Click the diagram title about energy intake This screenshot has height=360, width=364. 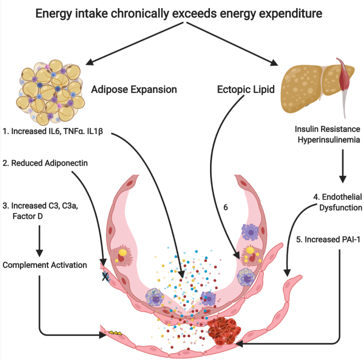tap(181, 14)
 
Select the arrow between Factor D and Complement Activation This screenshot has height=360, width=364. tap(39, 236)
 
